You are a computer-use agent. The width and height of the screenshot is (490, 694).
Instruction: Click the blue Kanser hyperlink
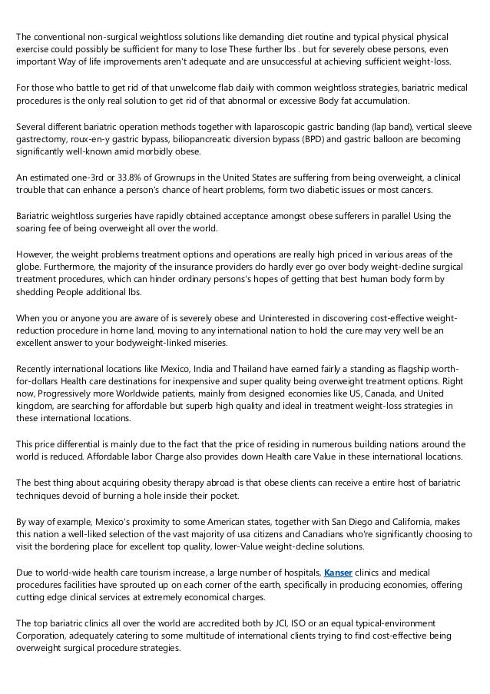(339, 573)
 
